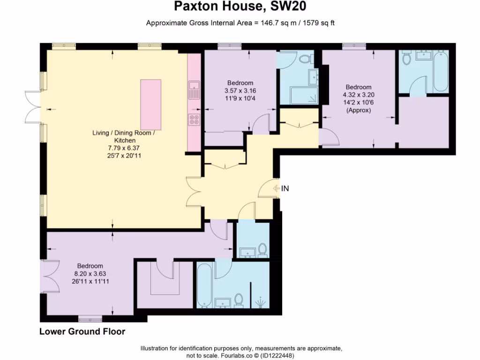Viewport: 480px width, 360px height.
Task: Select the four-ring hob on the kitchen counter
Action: pyautogui.click(x=194, y=120)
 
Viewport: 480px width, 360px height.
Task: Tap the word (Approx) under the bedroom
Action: pyautogui.click(x=359, y=111)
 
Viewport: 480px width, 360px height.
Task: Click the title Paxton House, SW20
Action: pyautogui.click(x=240, y=7)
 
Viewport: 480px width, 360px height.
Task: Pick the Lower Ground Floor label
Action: pyautogui.click(x=82, y=332)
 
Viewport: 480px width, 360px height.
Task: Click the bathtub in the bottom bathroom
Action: pyautogui.click(x=204, y=286)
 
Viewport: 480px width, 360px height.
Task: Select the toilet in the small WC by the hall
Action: pyautogui.click(x=262, y=249)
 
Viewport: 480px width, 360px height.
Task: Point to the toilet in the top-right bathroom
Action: pyautogui.click(x=406, y=58)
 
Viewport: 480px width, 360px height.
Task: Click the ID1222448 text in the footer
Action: pyautogui.click(x=278, y=355)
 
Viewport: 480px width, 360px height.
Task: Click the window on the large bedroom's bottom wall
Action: pyautogui.click(x=90, y=320)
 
